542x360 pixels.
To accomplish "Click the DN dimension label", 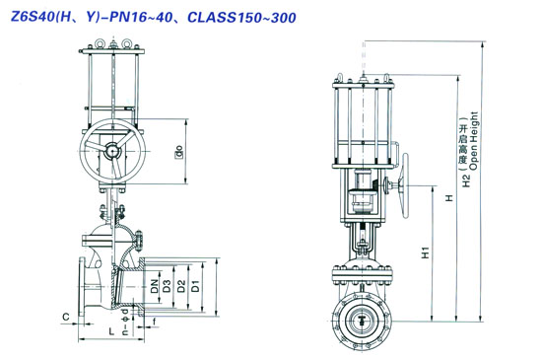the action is click(155, 286).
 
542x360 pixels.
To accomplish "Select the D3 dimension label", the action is click(167, 286).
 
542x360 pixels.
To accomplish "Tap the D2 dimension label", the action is click(181, 286).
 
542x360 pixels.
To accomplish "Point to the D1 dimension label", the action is click(196, 286).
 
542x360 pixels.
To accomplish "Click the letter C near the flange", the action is click(66, 317).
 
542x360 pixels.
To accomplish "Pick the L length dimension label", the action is click(111, 331).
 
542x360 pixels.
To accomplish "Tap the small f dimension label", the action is click(155, 322).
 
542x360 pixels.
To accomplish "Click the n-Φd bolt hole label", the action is click(126, 322).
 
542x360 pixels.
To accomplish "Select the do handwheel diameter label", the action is click(179, 151).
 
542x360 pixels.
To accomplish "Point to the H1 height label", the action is click(425, 252).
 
